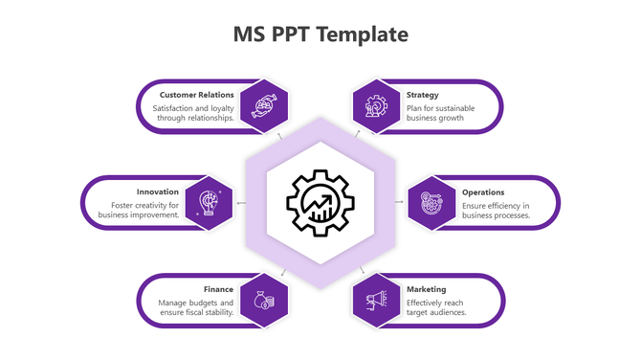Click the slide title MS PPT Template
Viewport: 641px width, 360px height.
click(320, 35)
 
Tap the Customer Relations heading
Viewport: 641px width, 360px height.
click(196, 95)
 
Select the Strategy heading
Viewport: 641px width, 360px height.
click(423, 95)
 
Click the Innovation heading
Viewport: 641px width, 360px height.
click(158, 191)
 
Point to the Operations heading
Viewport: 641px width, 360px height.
click(483, 191)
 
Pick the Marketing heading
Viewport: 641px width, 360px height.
click(427, 289)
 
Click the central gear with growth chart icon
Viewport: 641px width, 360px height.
click(320, 202)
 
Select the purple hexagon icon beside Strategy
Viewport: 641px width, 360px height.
click(376, 104)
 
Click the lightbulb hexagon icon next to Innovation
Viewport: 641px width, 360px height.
click(209, 202)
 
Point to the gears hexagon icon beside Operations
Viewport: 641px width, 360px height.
click(431, 202)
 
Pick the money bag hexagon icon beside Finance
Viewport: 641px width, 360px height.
click(264, 300)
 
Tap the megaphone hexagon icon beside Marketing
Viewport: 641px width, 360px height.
click(376, 300)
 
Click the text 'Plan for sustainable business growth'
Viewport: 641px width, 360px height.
click(435, 113)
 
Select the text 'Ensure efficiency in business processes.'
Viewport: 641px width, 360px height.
click(496, 210)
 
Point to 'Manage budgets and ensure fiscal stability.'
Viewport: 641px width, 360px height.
click(196, 307)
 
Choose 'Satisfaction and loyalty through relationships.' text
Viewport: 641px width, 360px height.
click(193, 113)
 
